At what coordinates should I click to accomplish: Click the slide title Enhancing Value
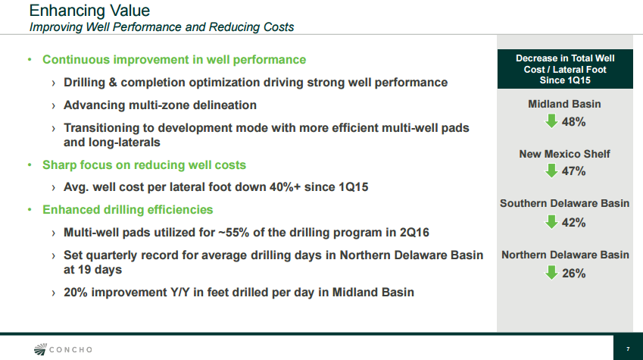(89, 11)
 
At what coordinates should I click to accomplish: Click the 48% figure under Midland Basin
(573, 122)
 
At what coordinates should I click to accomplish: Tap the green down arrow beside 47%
(551, 171)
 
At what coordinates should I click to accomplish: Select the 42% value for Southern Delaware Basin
(573, 223)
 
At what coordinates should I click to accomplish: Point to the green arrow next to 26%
(551, 273)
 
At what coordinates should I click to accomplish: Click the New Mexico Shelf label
(565, 154)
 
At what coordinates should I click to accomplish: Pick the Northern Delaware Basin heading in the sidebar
(565, 255)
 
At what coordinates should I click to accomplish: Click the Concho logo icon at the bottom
(40, 349)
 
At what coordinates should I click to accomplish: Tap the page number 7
(628, 349)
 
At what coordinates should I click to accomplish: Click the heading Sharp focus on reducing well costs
(144, 165)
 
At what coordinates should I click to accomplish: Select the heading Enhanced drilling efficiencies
(127, 210)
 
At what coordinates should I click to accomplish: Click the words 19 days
(100, 270)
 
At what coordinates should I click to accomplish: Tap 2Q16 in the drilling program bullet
(414, 233)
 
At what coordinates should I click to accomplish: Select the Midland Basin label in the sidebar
(564, 104)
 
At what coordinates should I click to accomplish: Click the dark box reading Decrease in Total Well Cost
(565, 69)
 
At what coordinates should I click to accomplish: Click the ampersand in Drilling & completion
(113, 83)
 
